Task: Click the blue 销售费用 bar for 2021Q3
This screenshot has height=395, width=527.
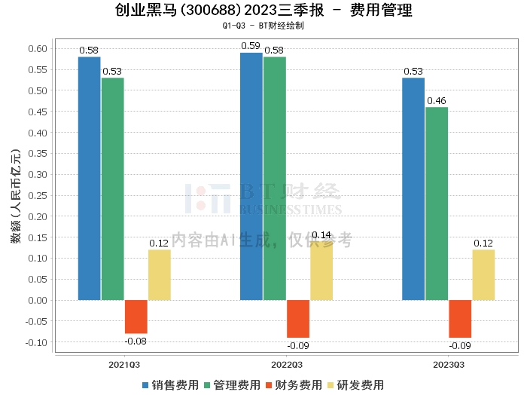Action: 89,179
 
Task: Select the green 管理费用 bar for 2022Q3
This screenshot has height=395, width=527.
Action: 275,179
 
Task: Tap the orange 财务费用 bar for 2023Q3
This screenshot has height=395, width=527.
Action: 460,319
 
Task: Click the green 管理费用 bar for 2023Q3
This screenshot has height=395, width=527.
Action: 437,204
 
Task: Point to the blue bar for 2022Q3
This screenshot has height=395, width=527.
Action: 251,176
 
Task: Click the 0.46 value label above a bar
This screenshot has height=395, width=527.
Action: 437,100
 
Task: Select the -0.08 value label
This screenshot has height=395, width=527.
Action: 136,341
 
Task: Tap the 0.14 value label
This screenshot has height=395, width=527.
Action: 321,235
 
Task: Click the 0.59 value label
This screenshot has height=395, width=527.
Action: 251,46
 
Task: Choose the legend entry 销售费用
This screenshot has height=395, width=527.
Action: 171,385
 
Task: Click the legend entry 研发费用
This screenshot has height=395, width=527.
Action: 355,385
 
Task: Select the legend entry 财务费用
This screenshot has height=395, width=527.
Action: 293,385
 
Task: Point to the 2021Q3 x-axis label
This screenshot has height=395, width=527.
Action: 124,365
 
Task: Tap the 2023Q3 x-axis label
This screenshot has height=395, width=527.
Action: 449,365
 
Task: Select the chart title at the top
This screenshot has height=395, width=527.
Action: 263,11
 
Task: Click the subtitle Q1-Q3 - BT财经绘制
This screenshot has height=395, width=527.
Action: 263,26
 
